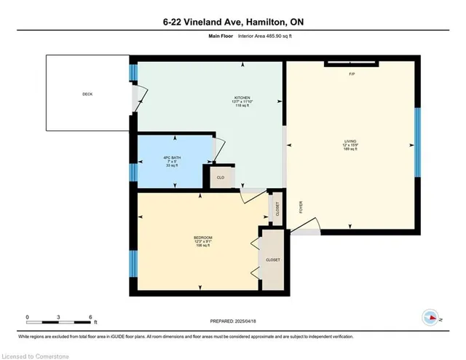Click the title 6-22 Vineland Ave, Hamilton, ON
click(233, 22)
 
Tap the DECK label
click(87, 93)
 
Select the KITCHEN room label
click(242, 97)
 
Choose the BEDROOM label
click(203, 238)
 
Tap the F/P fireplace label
click(352, 74)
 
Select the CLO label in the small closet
click(220, 177)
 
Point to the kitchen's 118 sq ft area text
click(242, 106)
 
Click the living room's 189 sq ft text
click(350, 149)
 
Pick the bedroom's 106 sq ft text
click(203, 246)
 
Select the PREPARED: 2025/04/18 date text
click(233, 320)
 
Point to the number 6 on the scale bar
click(90, 317)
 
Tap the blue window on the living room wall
click(417, 143)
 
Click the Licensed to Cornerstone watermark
click(37, 355)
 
